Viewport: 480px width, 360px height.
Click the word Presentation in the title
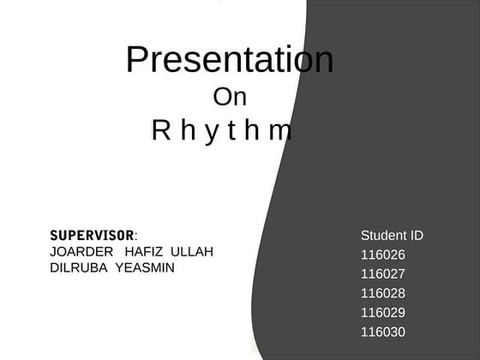(x=230, y=60)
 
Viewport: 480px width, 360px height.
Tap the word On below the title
(x=230, y=97)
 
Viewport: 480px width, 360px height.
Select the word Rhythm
(x=222, y=130)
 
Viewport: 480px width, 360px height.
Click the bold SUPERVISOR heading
(x=93, y=235)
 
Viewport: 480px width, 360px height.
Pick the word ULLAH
(x=193, y=251)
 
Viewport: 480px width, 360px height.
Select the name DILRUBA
(x=79, y=267)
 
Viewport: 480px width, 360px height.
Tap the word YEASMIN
(x=145, y=267)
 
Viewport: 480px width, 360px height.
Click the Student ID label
(x=392, y=235)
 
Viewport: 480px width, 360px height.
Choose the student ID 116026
(x=383, y=255)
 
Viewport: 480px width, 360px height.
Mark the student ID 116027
(x=383, y=274)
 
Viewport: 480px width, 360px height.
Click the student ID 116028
(x=383, y=293)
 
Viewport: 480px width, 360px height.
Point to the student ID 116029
(x=383, y=313)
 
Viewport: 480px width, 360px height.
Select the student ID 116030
(x=383, y=332)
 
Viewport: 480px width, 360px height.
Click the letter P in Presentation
(x=137, y=60)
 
